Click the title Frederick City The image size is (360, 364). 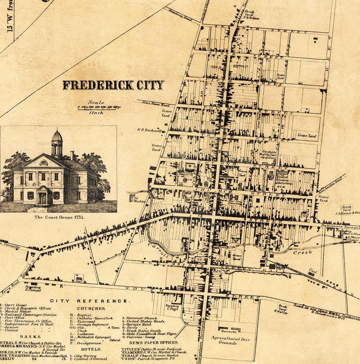pos(113,85)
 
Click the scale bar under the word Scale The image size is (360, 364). pos(96,108)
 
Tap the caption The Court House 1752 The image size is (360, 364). pos(59,217)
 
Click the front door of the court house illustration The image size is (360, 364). pos(43,198)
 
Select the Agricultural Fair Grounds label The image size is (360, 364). pos(230,341)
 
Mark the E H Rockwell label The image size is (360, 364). pos(150,130)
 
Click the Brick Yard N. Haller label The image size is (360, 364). pos(282,309)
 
